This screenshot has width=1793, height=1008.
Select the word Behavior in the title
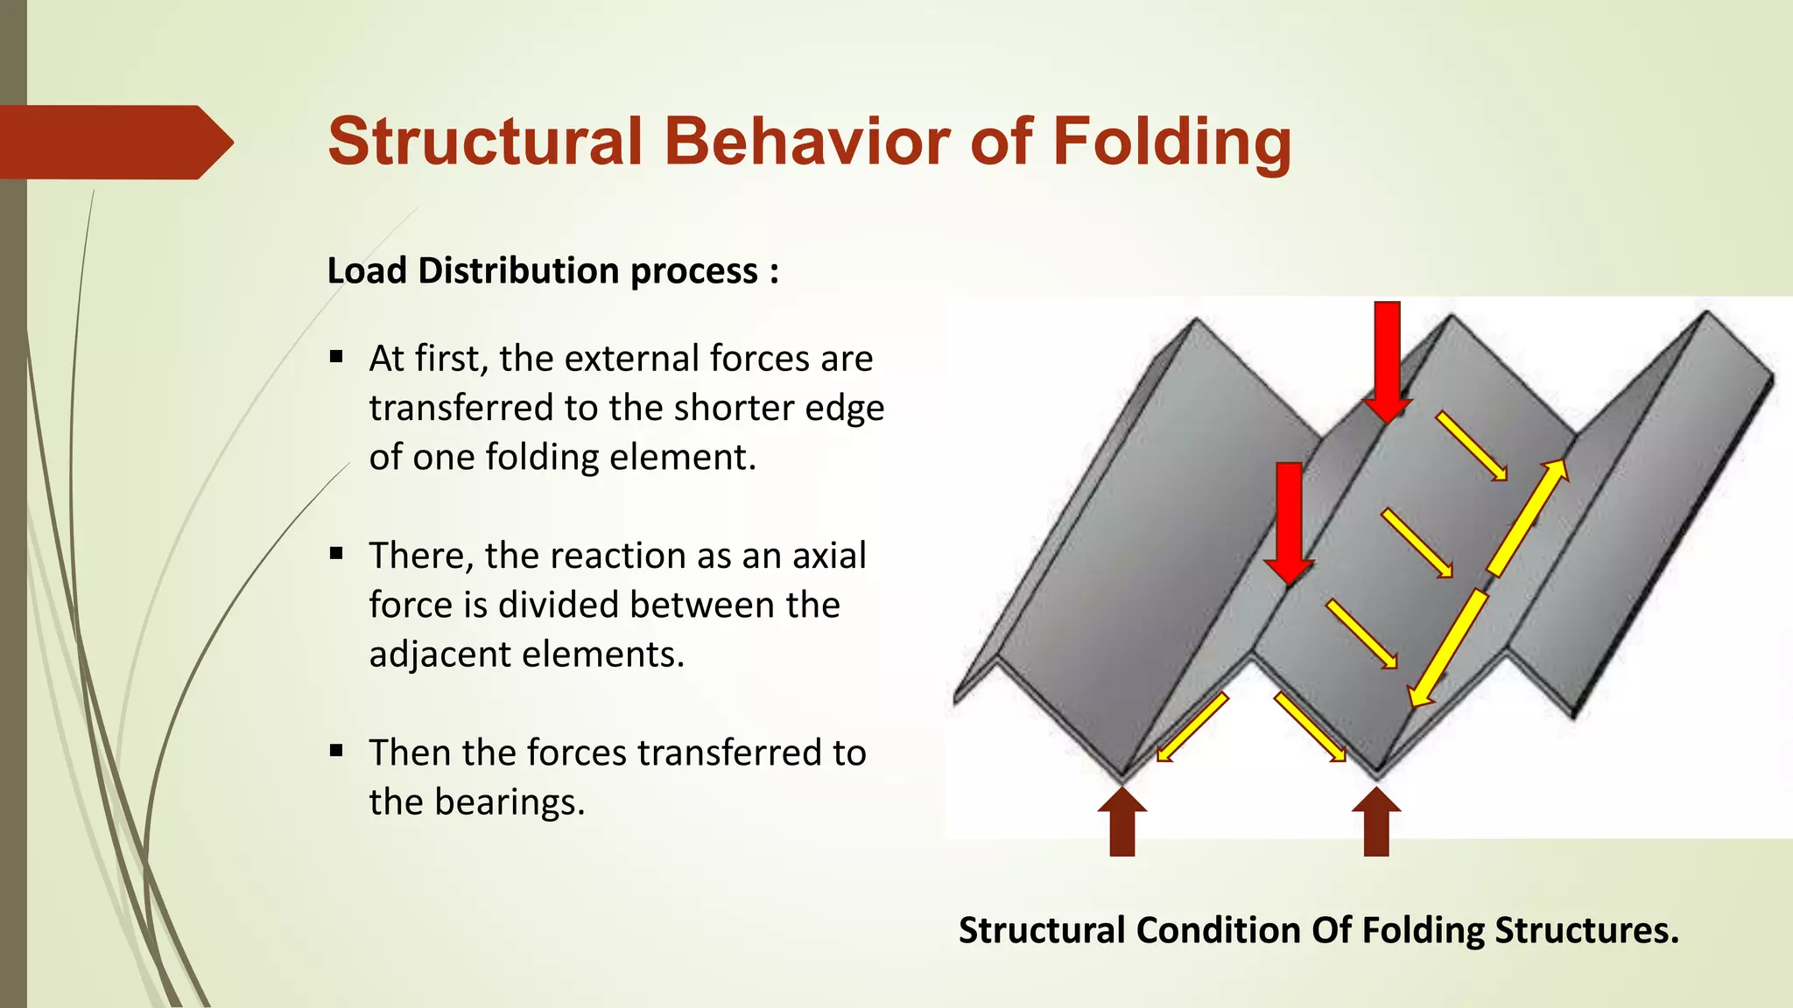tap(806, 142)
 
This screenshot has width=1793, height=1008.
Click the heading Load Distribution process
tap(552, 271)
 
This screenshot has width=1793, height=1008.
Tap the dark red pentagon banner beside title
tap(109, 142)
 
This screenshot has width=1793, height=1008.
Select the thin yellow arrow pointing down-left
tap(1192, 727)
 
